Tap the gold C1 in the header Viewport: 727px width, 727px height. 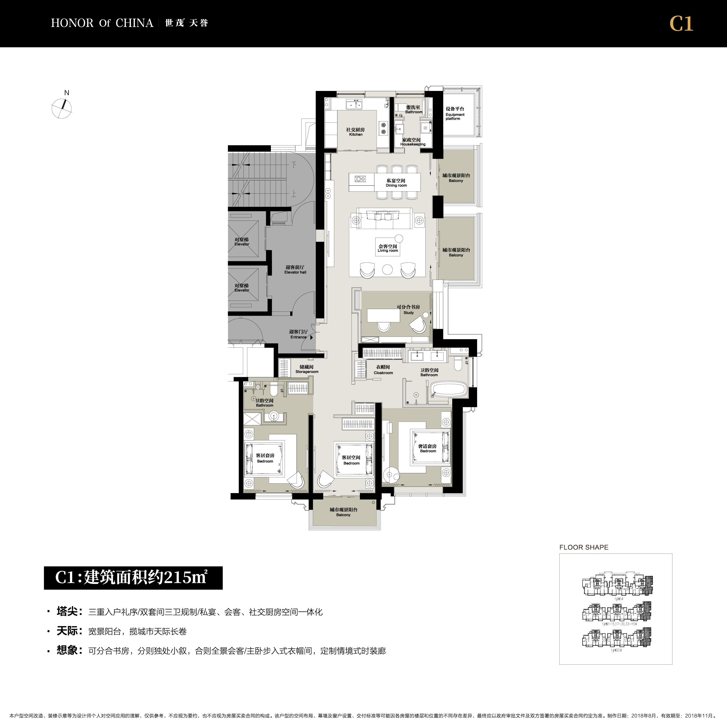[681, 24]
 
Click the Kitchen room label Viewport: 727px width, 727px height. [356, 132]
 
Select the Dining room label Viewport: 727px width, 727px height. [396, 183]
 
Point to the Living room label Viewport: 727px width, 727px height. [388, 248]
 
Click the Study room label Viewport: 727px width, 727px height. [408, 310]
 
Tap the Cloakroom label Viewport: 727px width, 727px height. [383, 370]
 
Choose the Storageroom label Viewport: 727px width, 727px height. [307, 369]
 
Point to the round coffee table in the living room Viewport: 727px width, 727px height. [387, 269]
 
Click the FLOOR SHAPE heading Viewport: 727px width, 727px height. [584, 548]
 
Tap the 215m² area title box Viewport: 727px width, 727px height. [133, 578]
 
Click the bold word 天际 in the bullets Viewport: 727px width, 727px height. [67, 631]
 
